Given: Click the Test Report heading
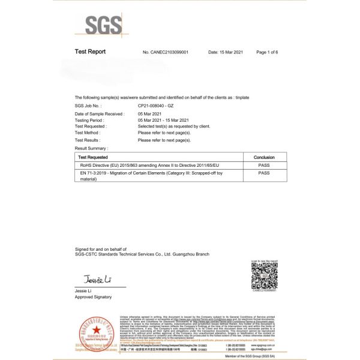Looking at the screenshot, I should [90, 52].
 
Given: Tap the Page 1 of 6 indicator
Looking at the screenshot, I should [267, 53].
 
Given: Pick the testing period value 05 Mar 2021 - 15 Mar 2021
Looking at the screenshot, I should [163, 120].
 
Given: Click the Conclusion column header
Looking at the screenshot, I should [264, 156].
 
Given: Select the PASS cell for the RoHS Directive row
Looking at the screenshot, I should [264, 164].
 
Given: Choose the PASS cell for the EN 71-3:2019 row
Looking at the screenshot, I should [264, 173].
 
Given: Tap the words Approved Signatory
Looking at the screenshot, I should [93, 297].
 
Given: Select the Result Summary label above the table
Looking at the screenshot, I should [91, 147].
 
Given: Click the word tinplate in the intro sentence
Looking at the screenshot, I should [241, 97].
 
